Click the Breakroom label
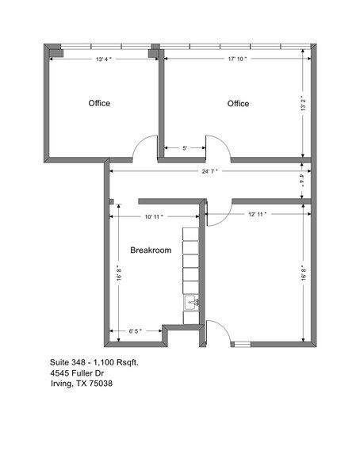click(151, 250)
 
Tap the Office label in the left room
click(98, 104)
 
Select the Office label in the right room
click(238, 104)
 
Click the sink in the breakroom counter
click(190, 303)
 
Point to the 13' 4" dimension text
click(104, 59)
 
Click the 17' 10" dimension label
click(236, 59)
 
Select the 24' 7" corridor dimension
click(209, 171)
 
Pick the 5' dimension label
click(185, 148)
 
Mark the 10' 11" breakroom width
click(154, 216)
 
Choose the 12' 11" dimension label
click(257, 214)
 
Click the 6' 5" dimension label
click(135, 331)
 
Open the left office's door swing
click(144, 148)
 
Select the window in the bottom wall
click(241, 344)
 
